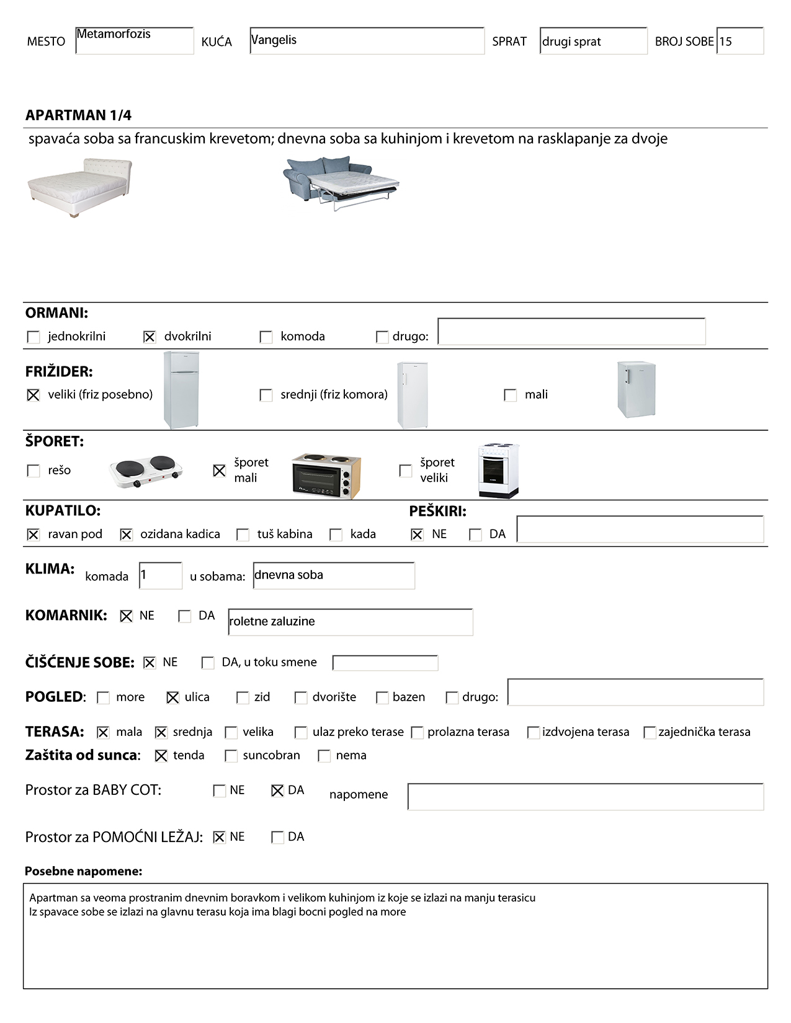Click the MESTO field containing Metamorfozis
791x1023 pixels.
[x=134, y=40]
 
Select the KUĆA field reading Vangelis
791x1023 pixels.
[x=367, y=40]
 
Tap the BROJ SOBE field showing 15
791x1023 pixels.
[x=740, y=41]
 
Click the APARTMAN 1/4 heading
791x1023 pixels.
[x=78, y=115]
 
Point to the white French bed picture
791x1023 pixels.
[x=80, y=187]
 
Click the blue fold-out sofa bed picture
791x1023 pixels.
[x=341, y=183]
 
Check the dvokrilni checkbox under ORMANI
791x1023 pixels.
[x=150, y=337]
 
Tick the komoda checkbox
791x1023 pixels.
[x=266, y=337]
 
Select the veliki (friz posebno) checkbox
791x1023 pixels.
[x=34, y=395]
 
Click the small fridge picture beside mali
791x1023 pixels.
[x=636, y=390]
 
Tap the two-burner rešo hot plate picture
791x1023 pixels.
[x=146, y=471]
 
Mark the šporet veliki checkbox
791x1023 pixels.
[x=406, y=471]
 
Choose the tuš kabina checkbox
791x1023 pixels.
[x=243, y=534]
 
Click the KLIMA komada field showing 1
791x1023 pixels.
[x=160, y=575]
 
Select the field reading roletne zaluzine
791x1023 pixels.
[x=350, y=622]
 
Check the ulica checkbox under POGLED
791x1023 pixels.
[x=173, y=697]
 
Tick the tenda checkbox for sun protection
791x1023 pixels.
[x=161, y=756]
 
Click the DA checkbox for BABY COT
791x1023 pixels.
[x=277, y=790]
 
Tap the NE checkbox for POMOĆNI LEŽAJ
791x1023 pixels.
[x=219, y=837]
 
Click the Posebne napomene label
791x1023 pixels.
[x=83, y=871]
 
